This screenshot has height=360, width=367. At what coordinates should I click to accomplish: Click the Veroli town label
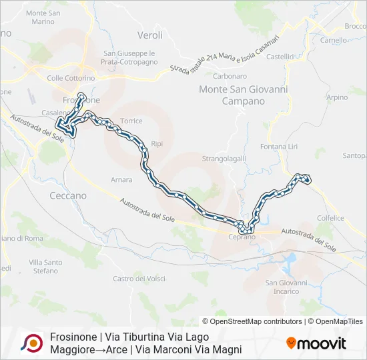click(x=149, y=35)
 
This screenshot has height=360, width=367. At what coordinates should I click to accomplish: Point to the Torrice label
click(x=131, y=121)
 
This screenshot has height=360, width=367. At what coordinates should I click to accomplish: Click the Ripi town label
click(x=157, y=143)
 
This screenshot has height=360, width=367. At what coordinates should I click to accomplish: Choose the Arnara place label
click(x=121, y=179)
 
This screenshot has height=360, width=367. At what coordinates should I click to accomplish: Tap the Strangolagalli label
click(x=224, y=158)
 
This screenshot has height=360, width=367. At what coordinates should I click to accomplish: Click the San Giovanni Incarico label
click(x=286, y=287)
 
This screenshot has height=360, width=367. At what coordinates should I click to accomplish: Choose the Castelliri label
click(x=280, y=57)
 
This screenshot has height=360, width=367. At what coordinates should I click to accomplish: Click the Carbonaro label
click(x=212, y=76)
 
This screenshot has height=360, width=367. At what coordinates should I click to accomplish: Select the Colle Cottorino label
click(x=71, y=78)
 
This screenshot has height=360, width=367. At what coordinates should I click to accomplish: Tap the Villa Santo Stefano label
click(x=46, y=267)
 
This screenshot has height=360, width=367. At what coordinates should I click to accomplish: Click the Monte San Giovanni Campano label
click(x=232, y=95)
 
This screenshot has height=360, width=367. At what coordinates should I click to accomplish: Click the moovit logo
click(x=316, y=343)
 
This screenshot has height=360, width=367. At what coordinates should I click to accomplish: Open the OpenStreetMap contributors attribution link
click(x=253, y=321)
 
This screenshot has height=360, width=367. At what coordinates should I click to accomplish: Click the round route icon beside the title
click(x=31, y=343)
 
